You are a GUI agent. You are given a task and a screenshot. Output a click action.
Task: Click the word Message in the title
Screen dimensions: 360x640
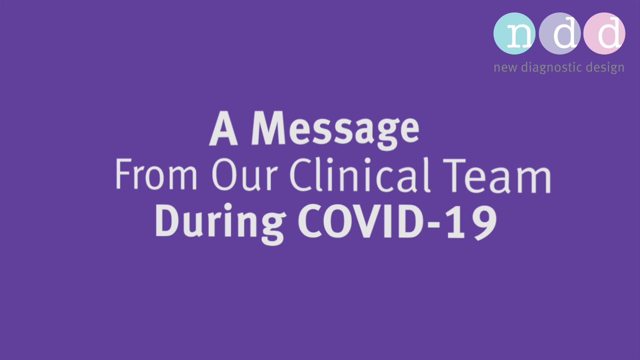[334, 129]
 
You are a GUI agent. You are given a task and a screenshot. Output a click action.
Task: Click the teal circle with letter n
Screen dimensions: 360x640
[514, 33]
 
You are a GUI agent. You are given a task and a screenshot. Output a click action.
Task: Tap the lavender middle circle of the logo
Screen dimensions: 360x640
[559, 33]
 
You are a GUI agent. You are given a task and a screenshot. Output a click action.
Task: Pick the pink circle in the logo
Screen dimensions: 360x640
[604, 33]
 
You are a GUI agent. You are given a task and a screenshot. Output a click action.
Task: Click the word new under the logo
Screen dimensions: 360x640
[505, 67]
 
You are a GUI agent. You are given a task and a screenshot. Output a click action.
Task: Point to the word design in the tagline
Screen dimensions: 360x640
[605, 67]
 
